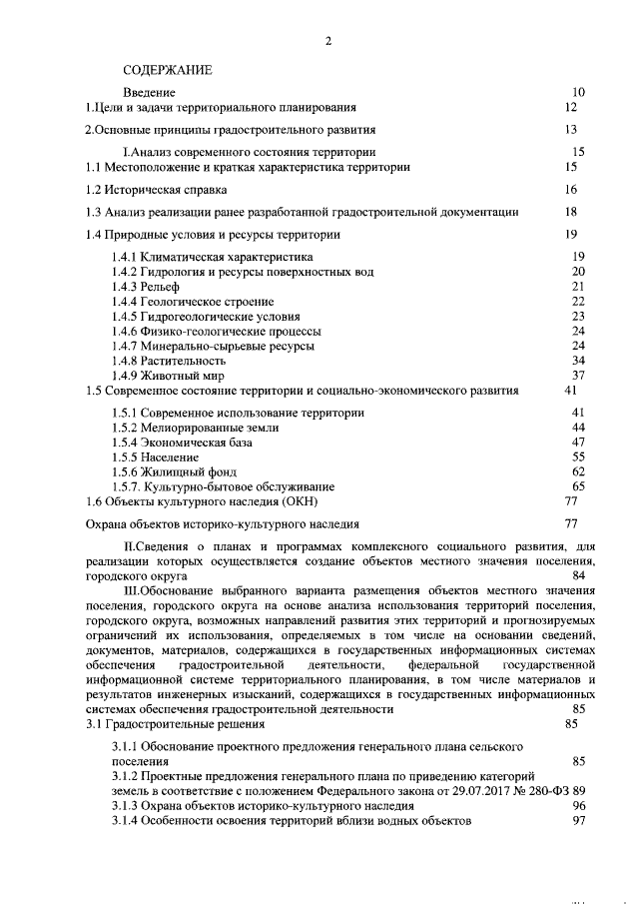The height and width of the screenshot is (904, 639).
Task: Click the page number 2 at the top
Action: [326, 41]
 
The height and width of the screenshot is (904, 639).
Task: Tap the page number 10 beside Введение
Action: [578, 92]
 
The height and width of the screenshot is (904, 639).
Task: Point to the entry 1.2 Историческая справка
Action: [156, 189]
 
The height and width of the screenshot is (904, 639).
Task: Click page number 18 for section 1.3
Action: [571, 212]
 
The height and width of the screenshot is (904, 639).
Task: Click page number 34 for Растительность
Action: [578, 360]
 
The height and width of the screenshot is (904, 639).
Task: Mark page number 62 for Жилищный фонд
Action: [578, 470]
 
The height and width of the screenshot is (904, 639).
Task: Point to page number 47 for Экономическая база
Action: [578, 442]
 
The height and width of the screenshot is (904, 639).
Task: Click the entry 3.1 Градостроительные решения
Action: [175, 724]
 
